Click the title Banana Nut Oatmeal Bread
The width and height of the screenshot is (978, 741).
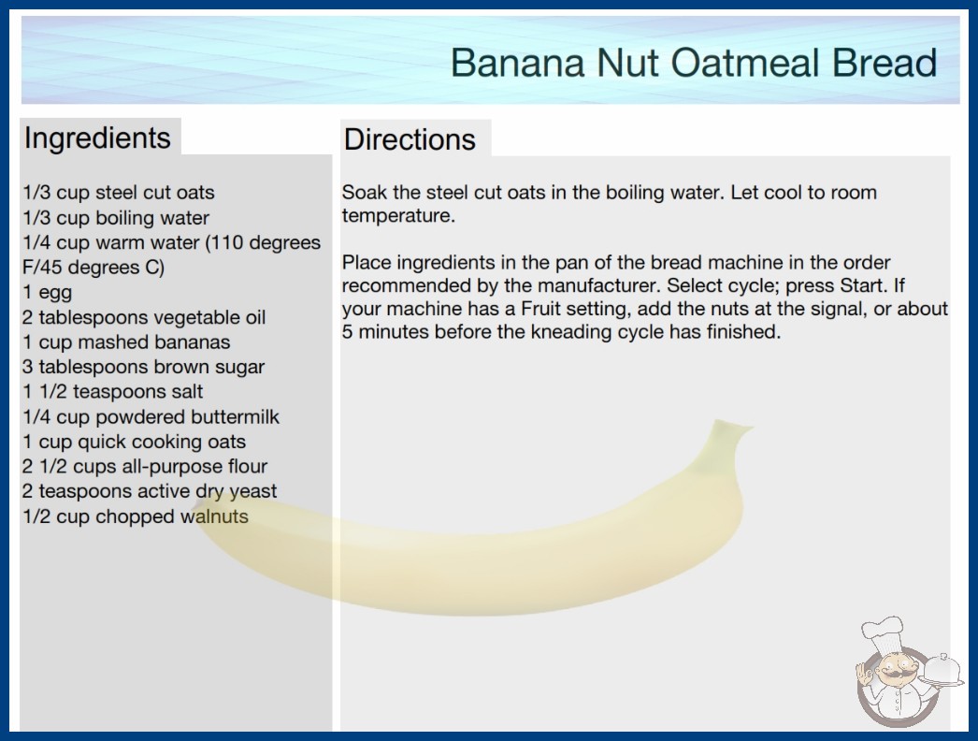coord(694,63)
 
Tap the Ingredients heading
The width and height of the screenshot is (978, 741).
coord(97,138)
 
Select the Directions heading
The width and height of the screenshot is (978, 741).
coord(410,139)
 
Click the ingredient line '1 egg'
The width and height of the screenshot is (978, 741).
coord(48,292)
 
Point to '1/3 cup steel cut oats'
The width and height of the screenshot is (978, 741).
coord(119,193)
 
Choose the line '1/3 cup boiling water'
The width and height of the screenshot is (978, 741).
coord(116,217)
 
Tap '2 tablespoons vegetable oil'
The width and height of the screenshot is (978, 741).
coord(144,317)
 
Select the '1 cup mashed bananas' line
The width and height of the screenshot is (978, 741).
coord(126,342)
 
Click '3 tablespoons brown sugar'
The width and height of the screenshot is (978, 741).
coord(143,367)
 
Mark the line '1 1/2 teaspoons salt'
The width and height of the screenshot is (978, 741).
coord(113,391)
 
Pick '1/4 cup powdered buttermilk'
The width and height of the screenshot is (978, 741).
coord(151,416)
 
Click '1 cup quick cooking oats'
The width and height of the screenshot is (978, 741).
coord(134,442)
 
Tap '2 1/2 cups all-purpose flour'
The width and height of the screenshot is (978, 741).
coord(145,466)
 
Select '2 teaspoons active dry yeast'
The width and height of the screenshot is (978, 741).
coord(150,491)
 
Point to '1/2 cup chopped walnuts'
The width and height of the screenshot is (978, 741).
coord(136,516)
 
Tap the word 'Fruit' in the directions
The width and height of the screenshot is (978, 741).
coord(540,309)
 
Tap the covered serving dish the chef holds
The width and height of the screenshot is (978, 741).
coord(942,669)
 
